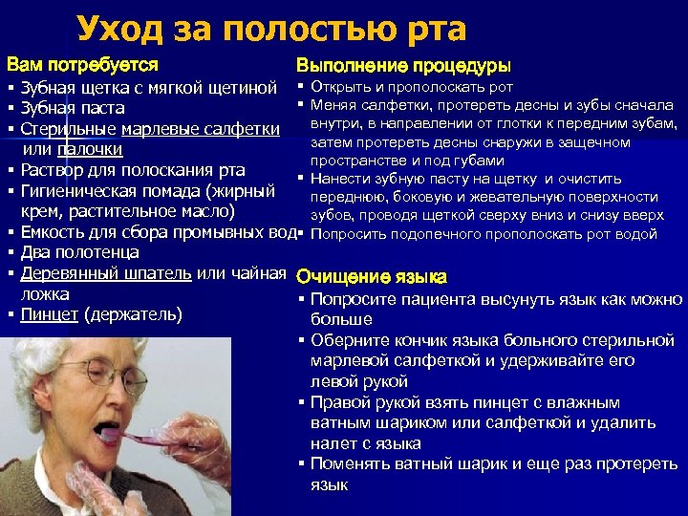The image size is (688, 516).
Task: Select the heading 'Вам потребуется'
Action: coord(82,66)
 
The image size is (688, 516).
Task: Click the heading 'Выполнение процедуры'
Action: coord(403,66)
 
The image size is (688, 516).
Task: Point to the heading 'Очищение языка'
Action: coord(372,278)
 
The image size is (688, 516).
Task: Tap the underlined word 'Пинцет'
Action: coord(51,315)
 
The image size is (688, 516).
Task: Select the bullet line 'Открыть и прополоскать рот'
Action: coord(412,88)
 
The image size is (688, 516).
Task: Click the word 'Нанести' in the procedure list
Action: coord(339,179)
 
